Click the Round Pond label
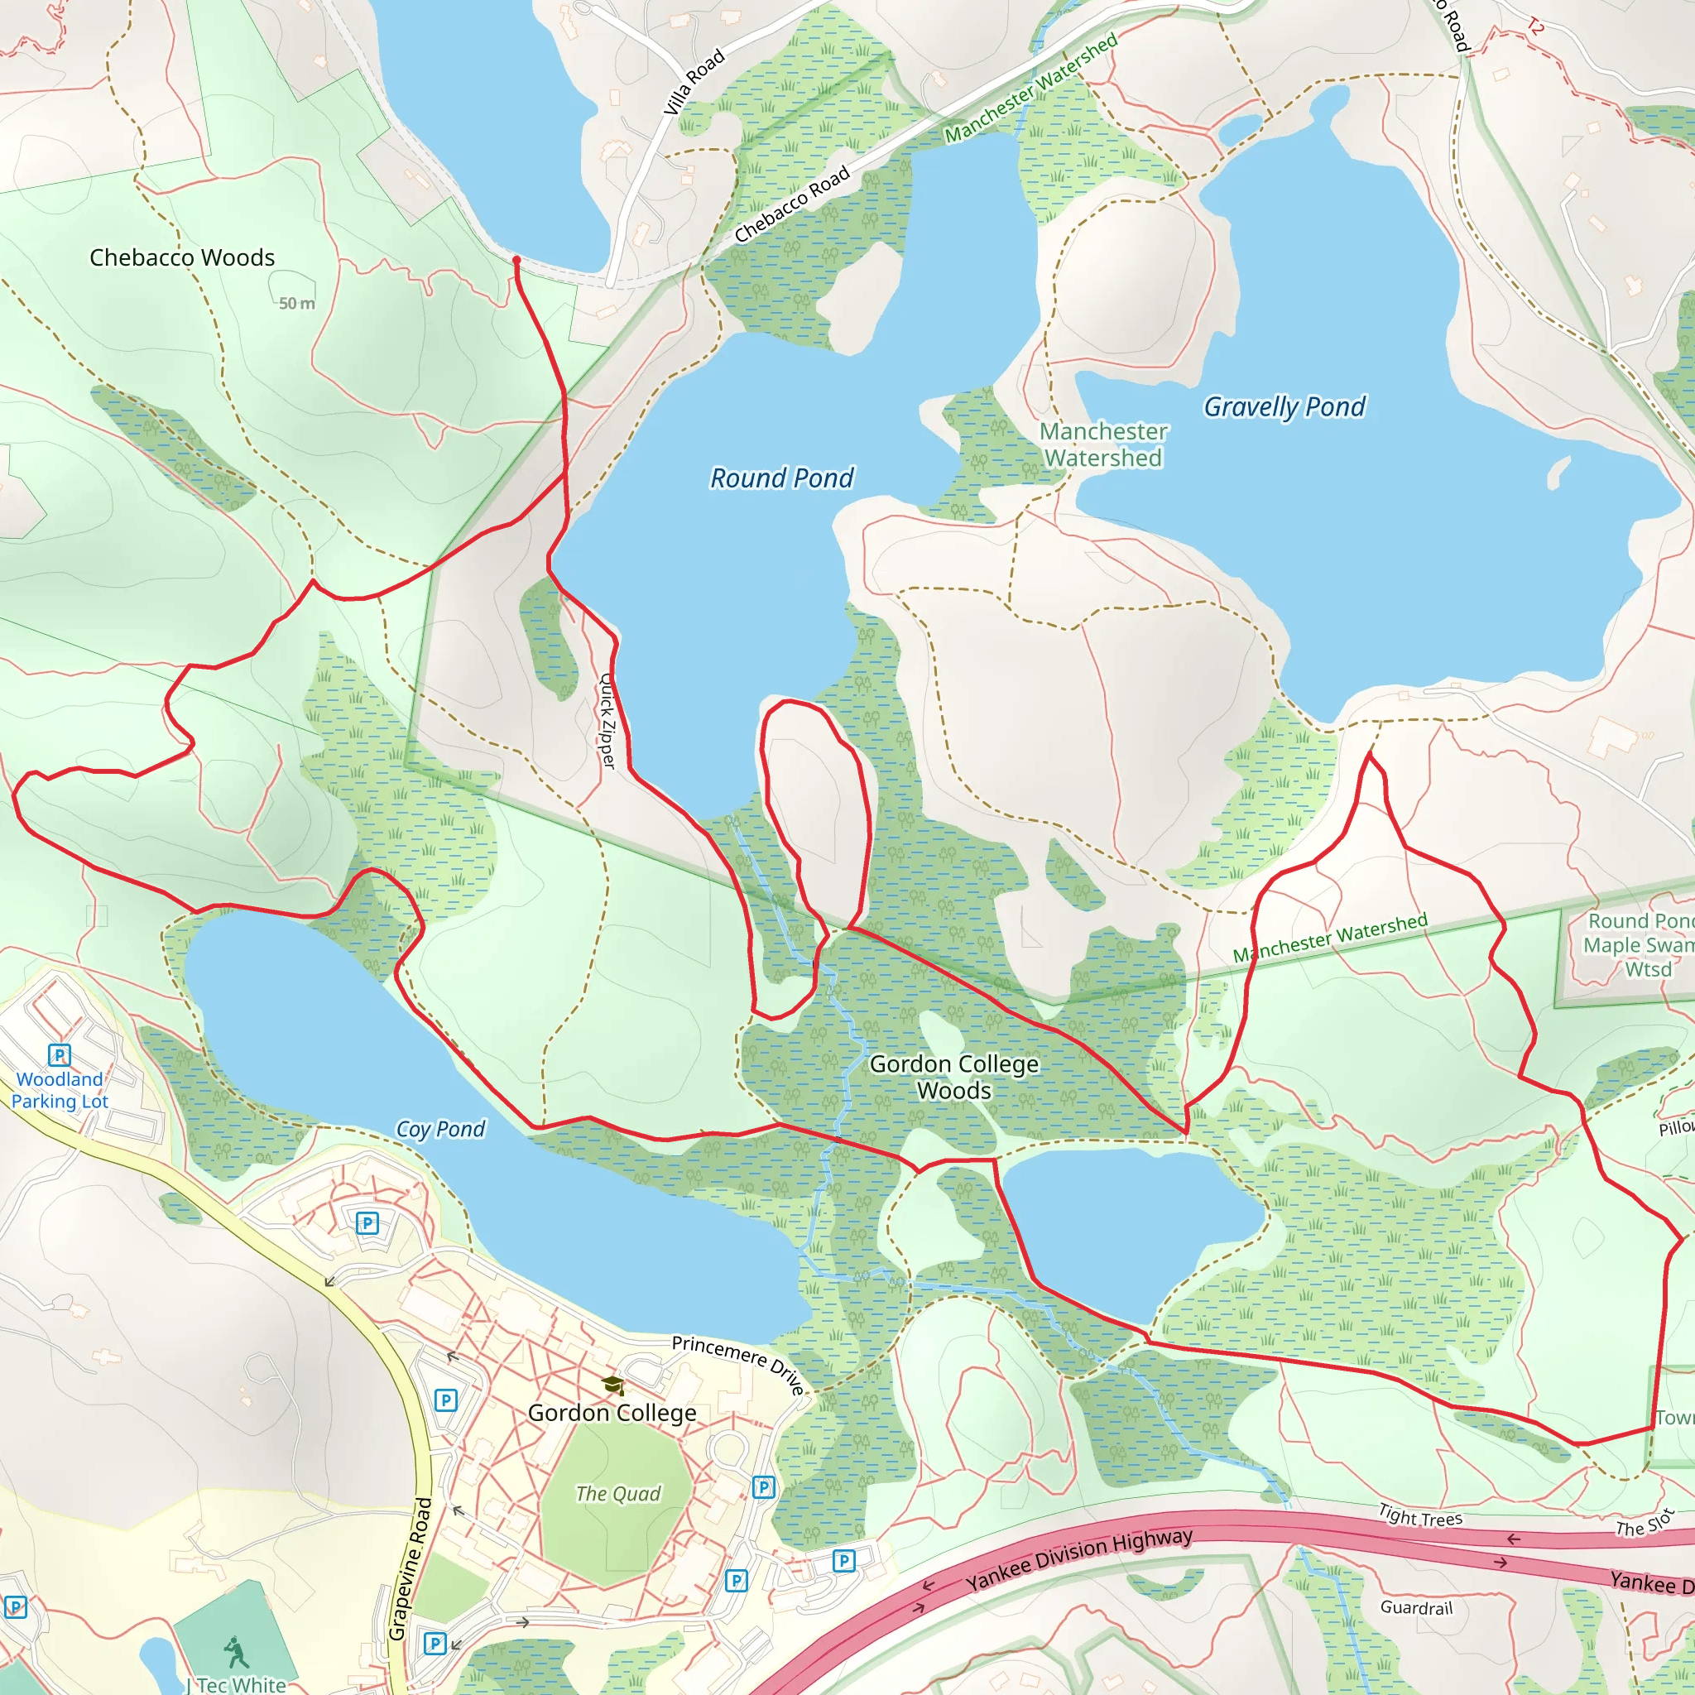click(780, 478)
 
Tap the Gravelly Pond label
click(1284, 407)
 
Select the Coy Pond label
click(440, 1129)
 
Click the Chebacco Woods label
click(182, 258)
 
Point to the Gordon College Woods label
click(953, 1077)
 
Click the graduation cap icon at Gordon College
click(612, 1385)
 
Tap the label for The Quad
click(617, 1493)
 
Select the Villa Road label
click(693, 82)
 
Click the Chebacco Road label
click(791, 204)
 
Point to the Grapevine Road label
click(410, 1568)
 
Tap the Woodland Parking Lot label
click(60, 1090)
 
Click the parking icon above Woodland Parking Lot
click(59, 1054)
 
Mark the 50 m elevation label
click(296, 304)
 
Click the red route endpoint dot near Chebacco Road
click(516, 260)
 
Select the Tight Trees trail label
click(1419, 1515)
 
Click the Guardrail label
click(1416, 1607)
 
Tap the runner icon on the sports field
click(235, 1653)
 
